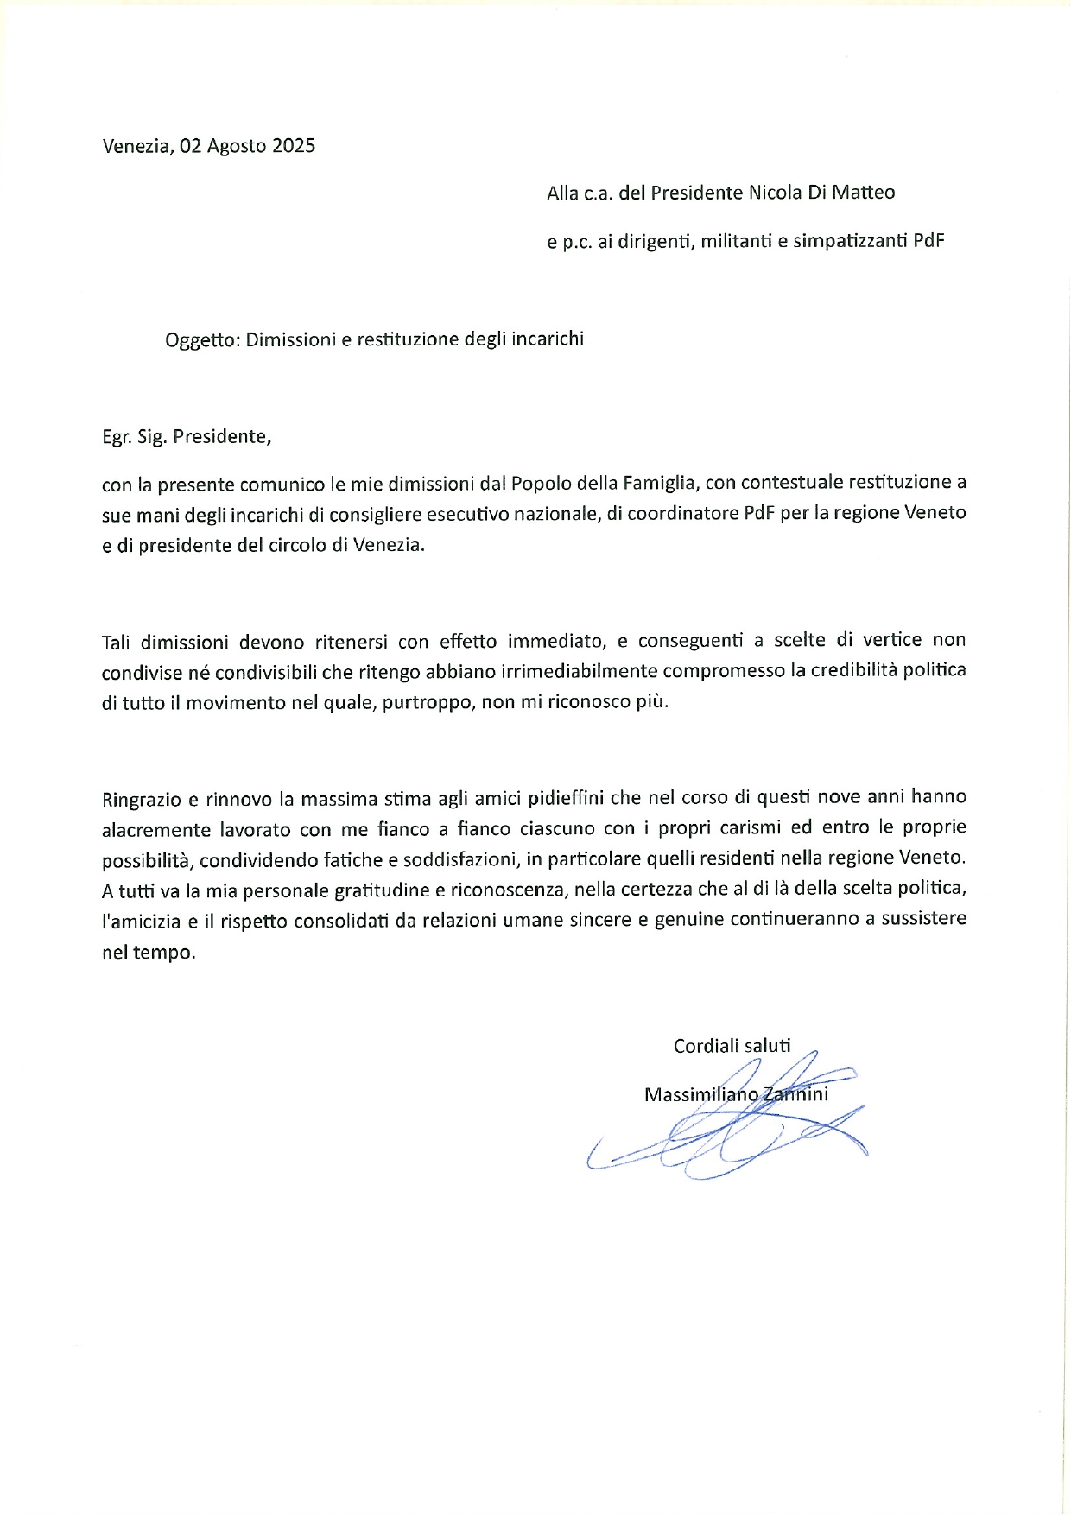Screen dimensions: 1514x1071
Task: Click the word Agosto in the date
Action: (x=237, y=146)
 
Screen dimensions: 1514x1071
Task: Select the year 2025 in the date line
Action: (x=294, y=145)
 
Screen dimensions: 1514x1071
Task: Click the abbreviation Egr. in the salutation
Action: (x=117, y=437)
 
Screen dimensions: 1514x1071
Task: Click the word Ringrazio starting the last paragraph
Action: (x=142, y=798)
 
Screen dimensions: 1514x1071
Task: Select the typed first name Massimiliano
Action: (x=701, y=1095)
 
